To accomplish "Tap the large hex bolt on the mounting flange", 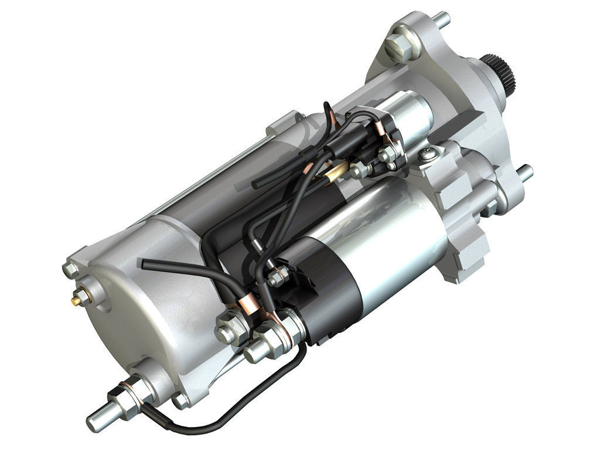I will [398, 43].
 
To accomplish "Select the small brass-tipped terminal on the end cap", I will [77, 300].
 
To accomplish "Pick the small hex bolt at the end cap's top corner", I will [70, 269].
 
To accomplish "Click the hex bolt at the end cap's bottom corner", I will [180, 401].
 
